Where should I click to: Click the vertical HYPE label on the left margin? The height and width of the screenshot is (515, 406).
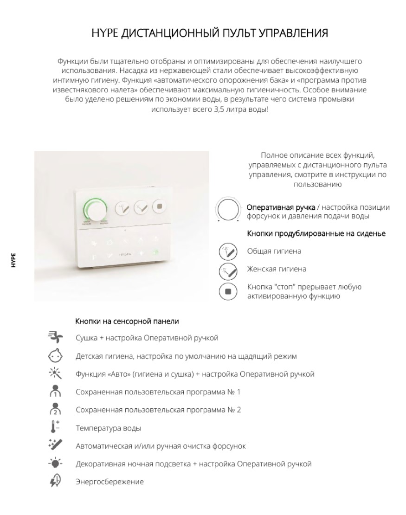[13, 260]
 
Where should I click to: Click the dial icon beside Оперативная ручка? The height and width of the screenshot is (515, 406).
[227, 210]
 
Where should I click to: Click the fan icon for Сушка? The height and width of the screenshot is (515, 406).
[55, 338]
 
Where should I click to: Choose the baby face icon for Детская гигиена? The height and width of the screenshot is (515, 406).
[55, 356]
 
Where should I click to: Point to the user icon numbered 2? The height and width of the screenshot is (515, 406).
[55, 410]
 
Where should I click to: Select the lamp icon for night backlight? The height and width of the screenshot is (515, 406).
[55, 463]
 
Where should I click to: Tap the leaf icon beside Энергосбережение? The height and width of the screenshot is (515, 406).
[55, 482]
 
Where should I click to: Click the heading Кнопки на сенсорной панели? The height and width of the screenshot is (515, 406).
[127, 321]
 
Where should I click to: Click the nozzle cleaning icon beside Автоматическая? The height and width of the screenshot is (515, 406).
[55, 445]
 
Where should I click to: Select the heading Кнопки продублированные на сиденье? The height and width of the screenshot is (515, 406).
[316, 233]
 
